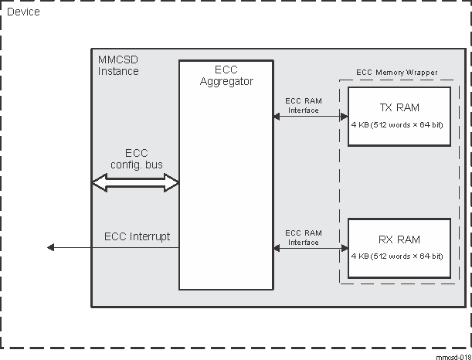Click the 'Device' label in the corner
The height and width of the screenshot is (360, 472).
(x=23, y=12)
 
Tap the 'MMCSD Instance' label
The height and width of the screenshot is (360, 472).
(x=118, y=66)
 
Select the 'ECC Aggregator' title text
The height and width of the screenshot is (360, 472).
(x=226, y=75)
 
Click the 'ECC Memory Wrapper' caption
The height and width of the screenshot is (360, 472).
(x=396, y=73)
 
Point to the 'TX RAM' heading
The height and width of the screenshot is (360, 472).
(x=397, y=107)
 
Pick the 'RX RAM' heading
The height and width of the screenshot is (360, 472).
(x=397, y=239)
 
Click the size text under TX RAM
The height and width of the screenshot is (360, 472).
(x=397, y=126)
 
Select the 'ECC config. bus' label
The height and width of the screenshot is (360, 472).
(x=136, y=158)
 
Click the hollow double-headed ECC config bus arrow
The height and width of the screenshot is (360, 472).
(x=135, y=182)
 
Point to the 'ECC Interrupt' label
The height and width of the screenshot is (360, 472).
(x=137, y=236)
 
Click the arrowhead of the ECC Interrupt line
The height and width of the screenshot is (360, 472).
(x=51, y=247)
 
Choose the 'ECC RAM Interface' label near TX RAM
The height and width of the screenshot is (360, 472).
(x=304, y=105)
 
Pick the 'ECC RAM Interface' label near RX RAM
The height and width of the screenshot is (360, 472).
(x=304, y=237)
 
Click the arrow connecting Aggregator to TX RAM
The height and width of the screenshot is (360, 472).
(x=310, y=117)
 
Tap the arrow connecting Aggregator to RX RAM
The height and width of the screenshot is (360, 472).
(x=310, y=248)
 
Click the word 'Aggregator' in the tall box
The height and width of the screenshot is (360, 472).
(x=226, y=80)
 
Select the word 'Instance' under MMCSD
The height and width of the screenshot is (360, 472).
(x=118, y=71)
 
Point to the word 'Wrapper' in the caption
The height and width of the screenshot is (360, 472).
(x=421, y=73)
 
